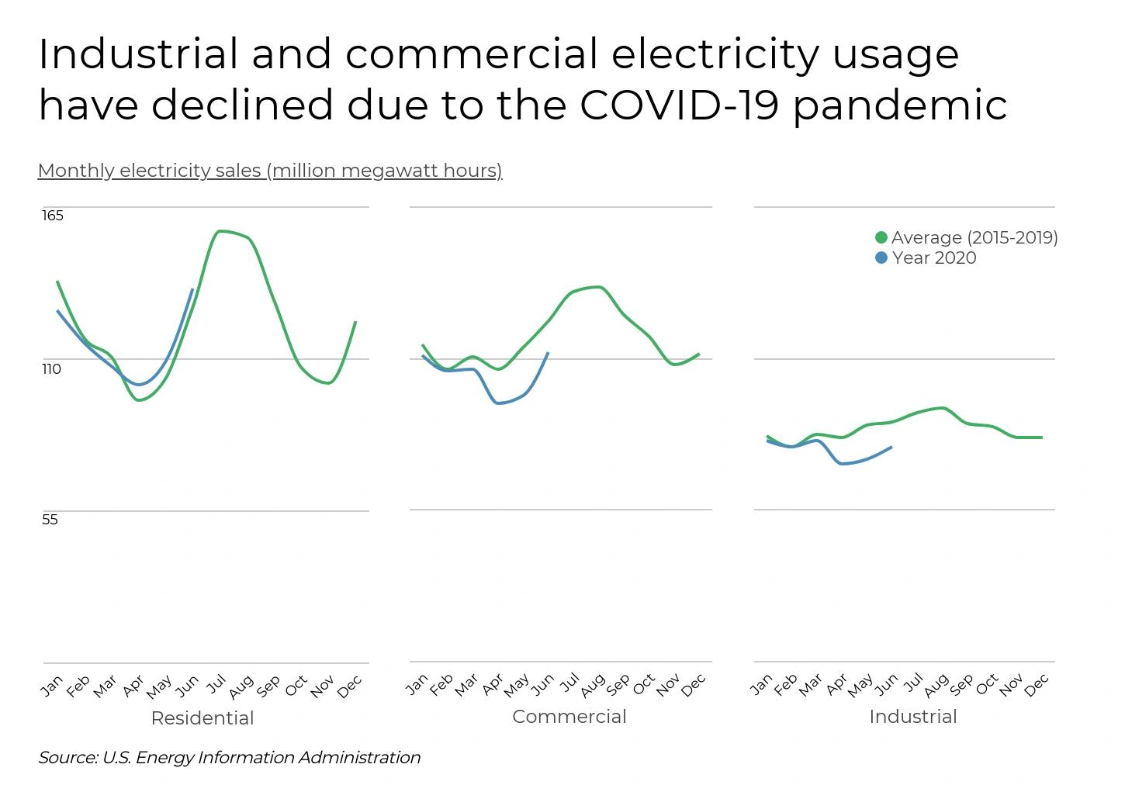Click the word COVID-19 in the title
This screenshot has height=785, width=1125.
click(678, 105)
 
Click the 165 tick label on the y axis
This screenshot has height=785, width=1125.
click(53, 216)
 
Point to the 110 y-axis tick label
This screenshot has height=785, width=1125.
click(51, 369)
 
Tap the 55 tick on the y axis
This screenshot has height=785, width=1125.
click(50, 520)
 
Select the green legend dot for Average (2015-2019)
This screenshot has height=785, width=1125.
click(881, 237)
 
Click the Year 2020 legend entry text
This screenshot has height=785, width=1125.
click(934, 258)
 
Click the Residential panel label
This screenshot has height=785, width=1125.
click(202, 718)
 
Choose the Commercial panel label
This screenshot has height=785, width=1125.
click(569, 717)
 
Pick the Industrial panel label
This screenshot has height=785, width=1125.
click(912, 717)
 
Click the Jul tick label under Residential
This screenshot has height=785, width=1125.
click(215, 684)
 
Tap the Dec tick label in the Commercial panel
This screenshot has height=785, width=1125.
click(694, 684)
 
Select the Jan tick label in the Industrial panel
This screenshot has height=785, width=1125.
click(762, 684)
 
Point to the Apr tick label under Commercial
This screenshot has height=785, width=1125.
click(493, 684)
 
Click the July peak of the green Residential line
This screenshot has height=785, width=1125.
click(220, 231)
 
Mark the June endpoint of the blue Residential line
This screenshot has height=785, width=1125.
click(192, 289)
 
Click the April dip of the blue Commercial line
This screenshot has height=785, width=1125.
click(497, 403)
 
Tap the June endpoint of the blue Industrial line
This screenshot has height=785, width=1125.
click(891, 447)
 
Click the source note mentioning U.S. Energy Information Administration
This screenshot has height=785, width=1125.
click(230, 757)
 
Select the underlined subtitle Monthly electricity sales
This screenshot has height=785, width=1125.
click(270, 171)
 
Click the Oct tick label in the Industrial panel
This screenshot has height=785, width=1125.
click(987, 684)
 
